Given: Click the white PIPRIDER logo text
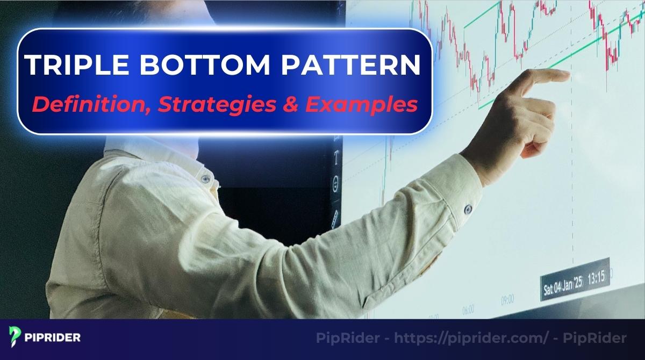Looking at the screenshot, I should [53, 338].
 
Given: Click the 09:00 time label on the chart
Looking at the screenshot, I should [507, 299].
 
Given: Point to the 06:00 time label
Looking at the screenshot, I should [468, 310].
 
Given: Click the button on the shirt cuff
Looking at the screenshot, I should [468, 206].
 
